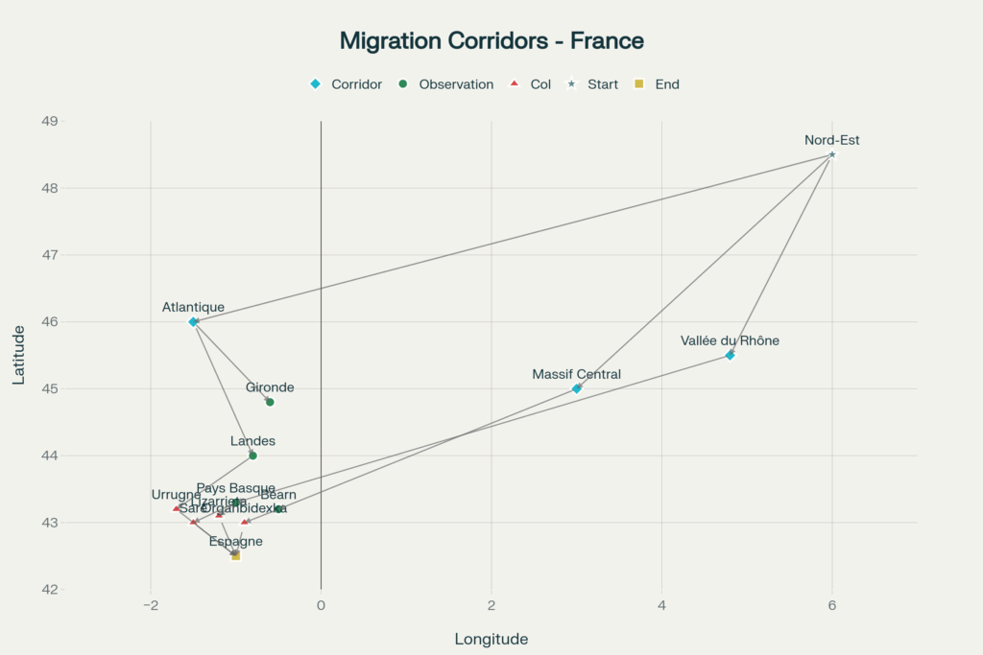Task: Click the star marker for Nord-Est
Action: click(832, 154)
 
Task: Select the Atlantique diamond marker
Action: click(193, 322)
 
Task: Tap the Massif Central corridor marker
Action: click(577, 388)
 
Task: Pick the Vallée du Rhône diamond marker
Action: click(730, 356)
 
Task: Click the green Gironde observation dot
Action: click(270, 402)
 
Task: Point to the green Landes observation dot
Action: click(252, 456)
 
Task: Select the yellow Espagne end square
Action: click(235, 555)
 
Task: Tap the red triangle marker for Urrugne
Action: click(176, 508)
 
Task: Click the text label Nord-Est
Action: click(832, 140)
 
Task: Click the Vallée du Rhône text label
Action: click(730, 340)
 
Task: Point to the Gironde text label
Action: click(270, 387)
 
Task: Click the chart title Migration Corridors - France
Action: click(491, 41)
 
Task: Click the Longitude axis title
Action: click(491, 639)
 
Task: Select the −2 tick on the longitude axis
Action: click(150, 605)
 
